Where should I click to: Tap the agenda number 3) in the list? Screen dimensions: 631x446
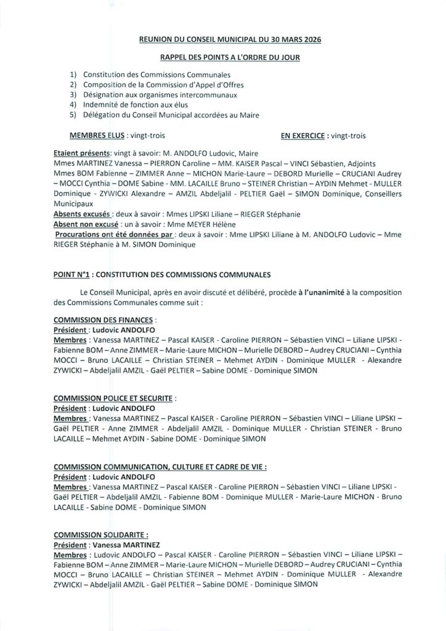point(73,94)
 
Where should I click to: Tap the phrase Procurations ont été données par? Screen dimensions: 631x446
point(112,234)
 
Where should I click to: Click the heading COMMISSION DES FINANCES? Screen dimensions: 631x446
point(104,320)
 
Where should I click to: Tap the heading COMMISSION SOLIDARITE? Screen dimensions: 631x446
point(100,535)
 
